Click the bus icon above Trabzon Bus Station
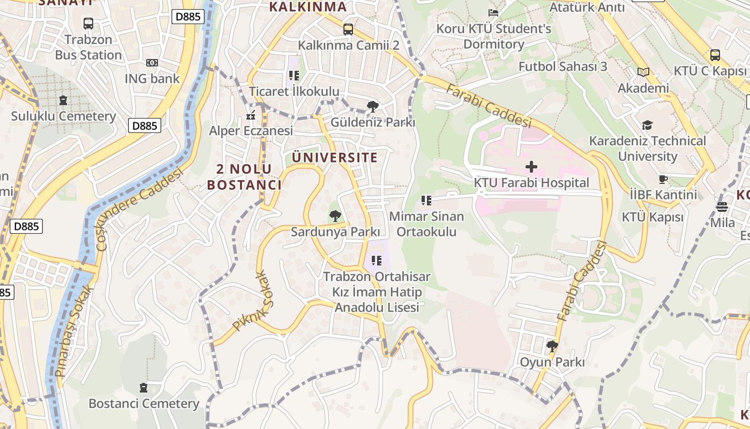(x=88, y=24)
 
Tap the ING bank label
(x=152, y=79)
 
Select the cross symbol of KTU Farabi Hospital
(x=531, y=167)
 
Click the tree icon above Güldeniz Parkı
(x=372, y=107)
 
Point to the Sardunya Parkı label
(x=335, y=232)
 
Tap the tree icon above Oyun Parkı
(x=552, y=346)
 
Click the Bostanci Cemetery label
(x=144, y=404)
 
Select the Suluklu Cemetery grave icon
(x=63, y=100)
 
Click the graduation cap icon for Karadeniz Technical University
(x=647, y=125)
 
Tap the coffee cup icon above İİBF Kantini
(x=663, y=180)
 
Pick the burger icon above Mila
(x=722, y=206)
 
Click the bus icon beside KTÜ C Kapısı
(x=715, y=55)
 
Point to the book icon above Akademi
(x=643, y=72)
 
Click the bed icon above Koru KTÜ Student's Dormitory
(x=493, y=12)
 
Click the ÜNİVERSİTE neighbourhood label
(x=335, y=158)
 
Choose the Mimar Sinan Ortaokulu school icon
(x=426, y=201)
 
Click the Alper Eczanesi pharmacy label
(x=251, y=131)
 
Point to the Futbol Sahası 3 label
(x=562, y=66)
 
